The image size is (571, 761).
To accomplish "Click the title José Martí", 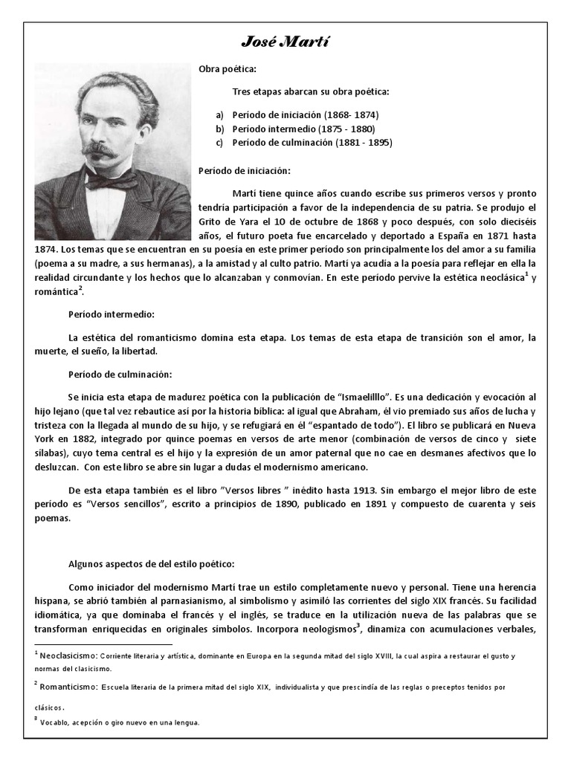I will pyautogui.click(x=285, y=42).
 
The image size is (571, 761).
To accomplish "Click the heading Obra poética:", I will pyautogui.click(x=227, y=69).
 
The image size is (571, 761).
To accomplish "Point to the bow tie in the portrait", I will pyautogui.click(x=112, y=181).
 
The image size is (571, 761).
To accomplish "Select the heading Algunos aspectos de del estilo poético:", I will pyautogui.click(x=151, y=564).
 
